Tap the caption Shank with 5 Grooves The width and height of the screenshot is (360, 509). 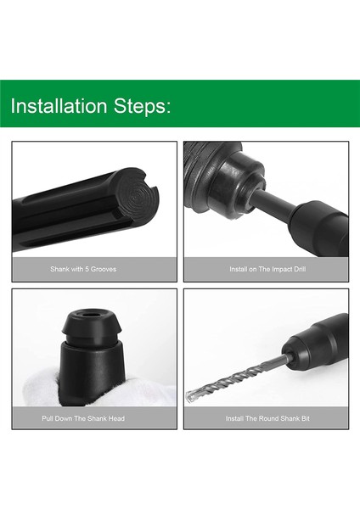click(94, 269)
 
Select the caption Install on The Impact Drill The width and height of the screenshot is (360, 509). click(266, 269)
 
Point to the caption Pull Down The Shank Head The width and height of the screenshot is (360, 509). click(94, 418)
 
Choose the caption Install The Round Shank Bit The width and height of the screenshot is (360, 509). click(267, 418)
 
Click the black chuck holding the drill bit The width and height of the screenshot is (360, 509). click(318, 343)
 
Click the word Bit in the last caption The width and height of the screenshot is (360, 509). click(304, 418)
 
